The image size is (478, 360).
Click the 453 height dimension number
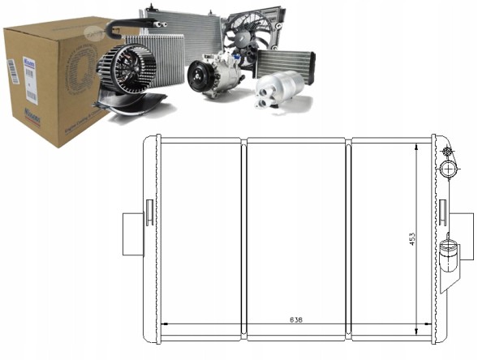(411, 239)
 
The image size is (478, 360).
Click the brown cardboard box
(49, 81)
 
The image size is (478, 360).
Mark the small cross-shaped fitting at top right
(446, 152)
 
